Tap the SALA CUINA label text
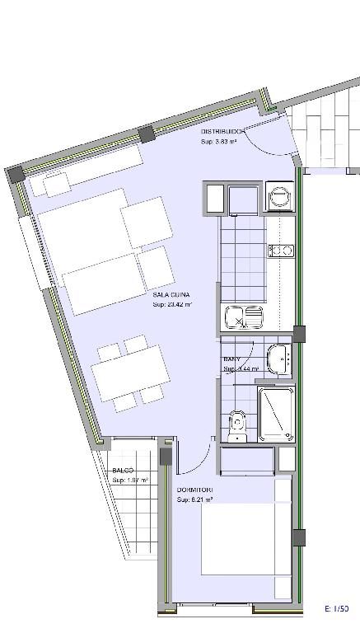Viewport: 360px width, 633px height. pyautogui.click(x=171, y=293)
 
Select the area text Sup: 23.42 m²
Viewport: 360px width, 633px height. pyautogui.click(x=172, y=304)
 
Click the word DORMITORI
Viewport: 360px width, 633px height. pyautogui.click(x=194, y=490)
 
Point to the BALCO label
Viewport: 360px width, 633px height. pyautogui.click(x=124, y=471)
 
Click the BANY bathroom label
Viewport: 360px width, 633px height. pyautogui.click(x=232, y=360)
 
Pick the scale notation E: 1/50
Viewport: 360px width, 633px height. pyautogui.click(x=339, y=608)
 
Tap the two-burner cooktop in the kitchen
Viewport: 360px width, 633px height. pyautogui.click(x=281, y=250)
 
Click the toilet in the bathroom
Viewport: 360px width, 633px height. pyautogui.click(x=237, y=422)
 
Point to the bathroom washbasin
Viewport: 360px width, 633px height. pyautogui.click(x=283, y=358)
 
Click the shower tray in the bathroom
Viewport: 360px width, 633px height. pyautogui.click(x=277, y=414)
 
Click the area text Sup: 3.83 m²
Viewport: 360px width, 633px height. pyautogui.click(x=219, y=142)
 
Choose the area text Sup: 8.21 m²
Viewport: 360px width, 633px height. pyautogui.click(x=195, y=499)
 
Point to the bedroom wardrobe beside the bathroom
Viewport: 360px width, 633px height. pyautogui.click(x=247, y=459)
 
